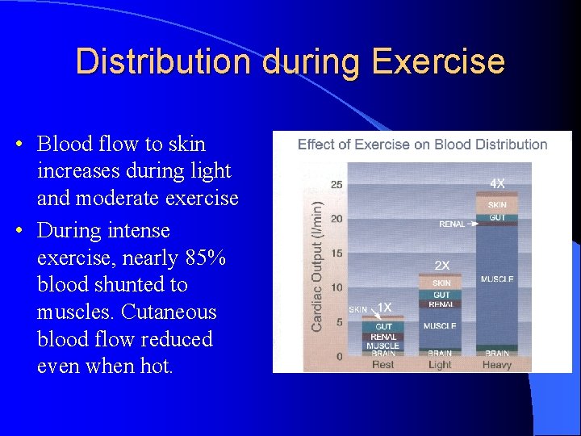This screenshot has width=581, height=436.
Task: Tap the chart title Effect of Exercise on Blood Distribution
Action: [422, 145]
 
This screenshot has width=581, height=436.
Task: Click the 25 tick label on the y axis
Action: [336, 185]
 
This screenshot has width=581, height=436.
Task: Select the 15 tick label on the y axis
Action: [336, 254]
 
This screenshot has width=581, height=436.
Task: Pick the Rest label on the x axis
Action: [383, 365]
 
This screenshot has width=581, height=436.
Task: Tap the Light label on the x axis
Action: [440, 365]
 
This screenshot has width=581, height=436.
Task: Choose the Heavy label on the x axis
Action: [497, 365]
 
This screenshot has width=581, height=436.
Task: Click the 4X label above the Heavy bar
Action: [498, 183]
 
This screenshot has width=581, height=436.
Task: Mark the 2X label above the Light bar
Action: [441, 265]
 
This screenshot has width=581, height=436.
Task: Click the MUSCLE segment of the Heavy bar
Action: [497, 280]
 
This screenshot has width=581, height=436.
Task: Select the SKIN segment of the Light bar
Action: [441, 283]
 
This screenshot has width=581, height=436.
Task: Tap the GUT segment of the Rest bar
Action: [384, 326]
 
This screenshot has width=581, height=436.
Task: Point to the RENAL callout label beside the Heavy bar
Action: [452, 224]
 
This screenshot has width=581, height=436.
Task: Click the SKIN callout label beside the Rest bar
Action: [357, 309]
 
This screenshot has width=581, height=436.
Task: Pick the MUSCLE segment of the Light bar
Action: [440, 326]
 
